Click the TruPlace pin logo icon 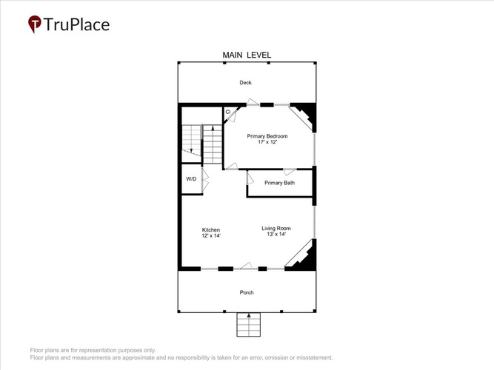click(35, 24)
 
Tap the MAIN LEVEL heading click(247, 55)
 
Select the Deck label click(245, 82)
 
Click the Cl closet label click(228, 112)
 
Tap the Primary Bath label click(279, 183)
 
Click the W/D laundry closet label click(191, 179)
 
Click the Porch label click(247, 292)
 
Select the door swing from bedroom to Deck click(253, 101)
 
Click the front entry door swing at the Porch click(246, 266)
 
